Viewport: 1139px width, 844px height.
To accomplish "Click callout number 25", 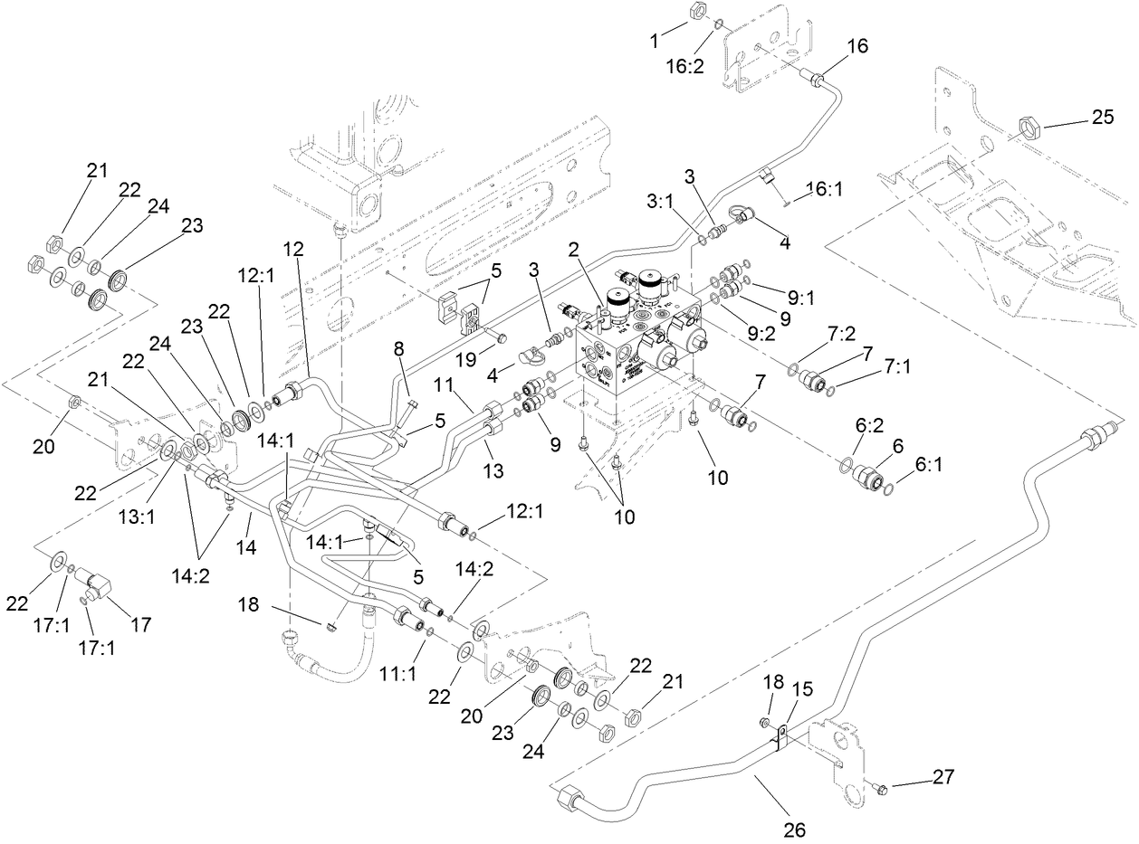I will [1101, 117].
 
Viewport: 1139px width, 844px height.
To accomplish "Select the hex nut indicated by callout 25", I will [1029, 126].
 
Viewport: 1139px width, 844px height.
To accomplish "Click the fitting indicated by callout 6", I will [871, 476].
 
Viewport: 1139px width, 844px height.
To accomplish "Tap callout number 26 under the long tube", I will [793, 829].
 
